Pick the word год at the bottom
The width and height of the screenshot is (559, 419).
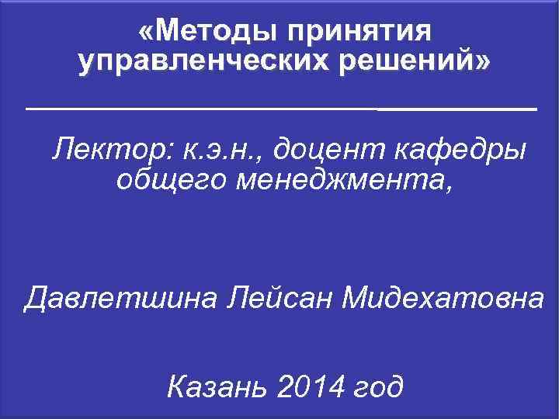(x=378, y=386)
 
